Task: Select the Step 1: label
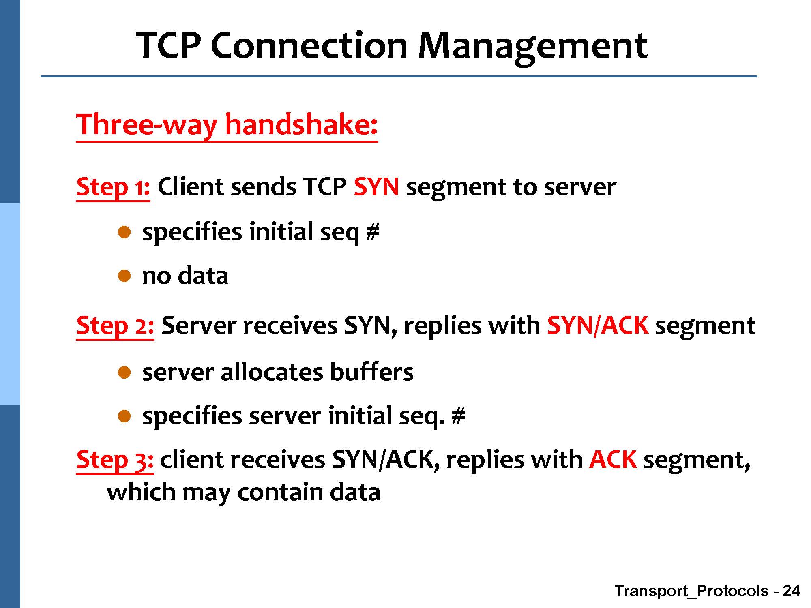(x=113, y=188)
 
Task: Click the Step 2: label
(x=115, y=326)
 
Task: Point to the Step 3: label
(x=115, y=460)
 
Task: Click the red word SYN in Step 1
(x=376, y=187)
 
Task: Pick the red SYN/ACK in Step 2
(x=598, y=325)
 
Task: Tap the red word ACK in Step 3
(x=613, y=460)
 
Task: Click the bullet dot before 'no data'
(x=124, y=276)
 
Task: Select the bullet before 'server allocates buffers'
(x=124, y=372)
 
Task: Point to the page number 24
(x=791, y=591)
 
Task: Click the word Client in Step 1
(x=190, y=187)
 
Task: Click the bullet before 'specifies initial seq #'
(x=124, y=232)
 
